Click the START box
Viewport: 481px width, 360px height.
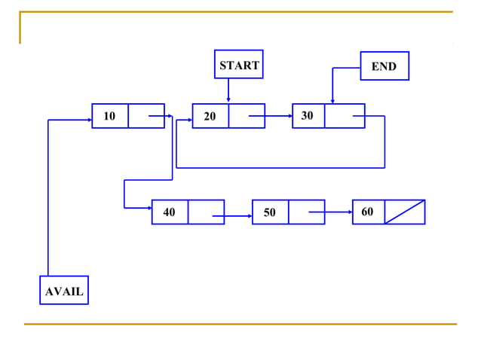click(238, 65)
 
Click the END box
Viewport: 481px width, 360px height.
click(384, 66)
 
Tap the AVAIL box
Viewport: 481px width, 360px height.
click(64, 291)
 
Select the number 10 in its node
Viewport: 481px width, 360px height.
click(109, 116)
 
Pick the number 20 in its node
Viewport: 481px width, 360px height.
click(210, 116)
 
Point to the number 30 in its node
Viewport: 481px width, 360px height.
click(307, 116)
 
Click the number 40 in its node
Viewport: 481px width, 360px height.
click(169, 212)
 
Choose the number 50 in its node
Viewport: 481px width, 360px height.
click(269, 212)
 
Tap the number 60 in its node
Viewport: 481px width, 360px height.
click(367, 212)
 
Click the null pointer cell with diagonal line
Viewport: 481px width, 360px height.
click(405, 212)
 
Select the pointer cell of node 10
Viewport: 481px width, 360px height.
click(146, 116)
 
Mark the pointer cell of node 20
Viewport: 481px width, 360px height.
click(247, 116)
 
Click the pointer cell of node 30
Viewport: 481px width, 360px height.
click(345, 116)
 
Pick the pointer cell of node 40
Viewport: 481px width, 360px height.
click(206, 212)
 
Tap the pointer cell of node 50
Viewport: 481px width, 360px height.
click(306, 212)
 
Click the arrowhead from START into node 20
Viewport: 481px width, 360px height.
click(228, 101)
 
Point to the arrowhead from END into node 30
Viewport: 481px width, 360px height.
click(332, 101)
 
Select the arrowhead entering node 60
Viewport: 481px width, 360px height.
click(350, 212)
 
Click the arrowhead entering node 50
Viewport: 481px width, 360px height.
click(250, 217)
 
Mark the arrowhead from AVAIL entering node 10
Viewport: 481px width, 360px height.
click(89, 119)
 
